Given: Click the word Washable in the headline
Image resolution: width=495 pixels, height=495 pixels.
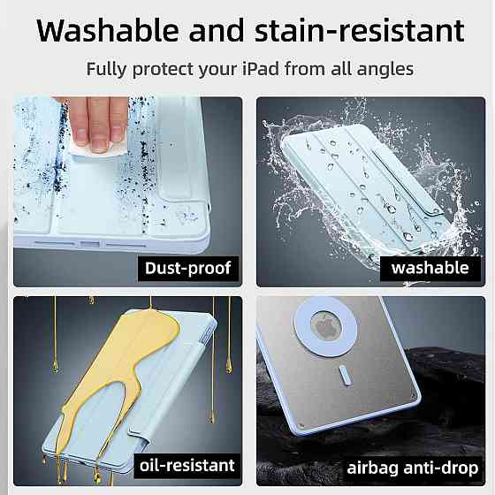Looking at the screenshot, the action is click(x=108, y=30).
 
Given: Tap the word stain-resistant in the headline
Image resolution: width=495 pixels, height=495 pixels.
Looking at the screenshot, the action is click(x=359, y=30).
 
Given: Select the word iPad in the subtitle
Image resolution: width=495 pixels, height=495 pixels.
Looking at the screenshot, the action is click(x=261, y=69).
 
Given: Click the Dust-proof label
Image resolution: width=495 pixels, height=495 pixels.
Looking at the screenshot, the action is click(x=188, y=269).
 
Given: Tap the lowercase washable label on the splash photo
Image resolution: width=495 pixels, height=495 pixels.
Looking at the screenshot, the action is click(x=430, y=268).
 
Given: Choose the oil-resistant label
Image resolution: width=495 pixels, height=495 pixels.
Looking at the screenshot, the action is click(x=187, y=466).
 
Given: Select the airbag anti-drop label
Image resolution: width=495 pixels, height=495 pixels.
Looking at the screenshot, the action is click(x=413, y=468).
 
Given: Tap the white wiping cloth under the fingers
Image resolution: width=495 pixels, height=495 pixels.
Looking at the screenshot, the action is click(x=98, y=151).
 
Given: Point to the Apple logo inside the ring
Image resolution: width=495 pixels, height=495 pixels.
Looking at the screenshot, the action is click(x=326, y=327).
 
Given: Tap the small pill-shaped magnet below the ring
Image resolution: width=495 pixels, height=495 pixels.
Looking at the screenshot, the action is click(x=345, y=376).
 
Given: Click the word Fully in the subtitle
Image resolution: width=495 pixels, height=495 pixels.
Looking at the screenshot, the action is click(x=106, y=70).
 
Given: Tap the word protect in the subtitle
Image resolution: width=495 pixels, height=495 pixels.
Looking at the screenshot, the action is click(x=163, y=70).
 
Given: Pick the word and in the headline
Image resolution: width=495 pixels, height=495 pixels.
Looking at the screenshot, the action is click(x=217, y=30).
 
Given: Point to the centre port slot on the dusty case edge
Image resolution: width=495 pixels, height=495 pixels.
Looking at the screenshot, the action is click(x=90, y=244).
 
